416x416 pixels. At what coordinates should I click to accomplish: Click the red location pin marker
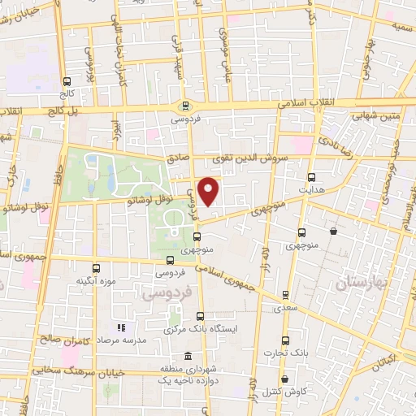point(209,190)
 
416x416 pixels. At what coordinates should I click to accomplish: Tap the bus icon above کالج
point(67,81)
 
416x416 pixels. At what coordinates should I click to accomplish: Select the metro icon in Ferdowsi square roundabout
point(186,105)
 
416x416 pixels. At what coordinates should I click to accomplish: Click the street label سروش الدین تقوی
point(256,159)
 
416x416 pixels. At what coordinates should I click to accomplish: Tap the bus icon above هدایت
point(311,176)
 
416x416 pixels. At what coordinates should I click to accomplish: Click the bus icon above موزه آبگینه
point(96,268)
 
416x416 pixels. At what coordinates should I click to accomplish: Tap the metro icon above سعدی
point(284,295)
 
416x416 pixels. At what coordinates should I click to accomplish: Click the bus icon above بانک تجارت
point(284,340)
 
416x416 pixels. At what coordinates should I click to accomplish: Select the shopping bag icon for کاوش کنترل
point(284,379)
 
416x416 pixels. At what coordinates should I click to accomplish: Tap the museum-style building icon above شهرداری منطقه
point(188,357)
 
